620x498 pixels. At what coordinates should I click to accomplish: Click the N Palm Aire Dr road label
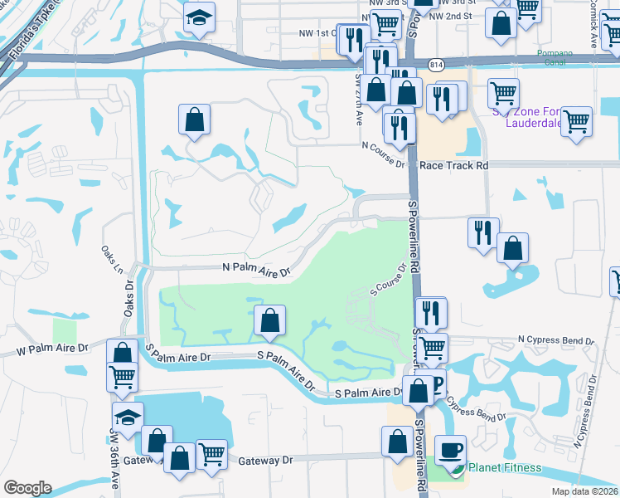click(x=258, y=271)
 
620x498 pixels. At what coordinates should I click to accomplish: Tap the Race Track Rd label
click(x=453, y=165)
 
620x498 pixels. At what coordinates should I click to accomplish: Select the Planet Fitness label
click(x=505, y=467)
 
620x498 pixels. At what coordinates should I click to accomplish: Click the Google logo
click(x=27, y=488)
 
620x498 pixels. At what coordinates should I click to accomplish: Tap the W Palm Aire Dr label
click(x=52, y=352)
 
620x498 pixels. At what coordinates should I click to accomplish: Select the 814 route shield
click(x=434, y=64)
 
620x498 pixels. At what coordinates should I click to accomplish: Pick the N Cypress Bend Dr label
click(x=556, y=339)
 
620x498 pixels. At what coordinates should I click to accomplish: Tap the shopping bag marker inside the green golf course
click(x=269, y=320)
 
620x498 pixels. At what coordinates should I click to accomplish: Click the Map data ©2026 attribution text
click(x=584, y=491)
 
